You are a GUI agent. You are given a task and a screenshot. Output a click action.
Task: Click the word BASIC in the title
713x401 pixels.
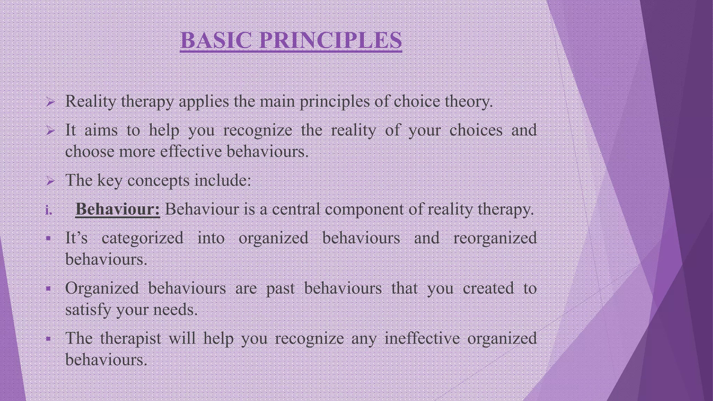(x=216, y=40)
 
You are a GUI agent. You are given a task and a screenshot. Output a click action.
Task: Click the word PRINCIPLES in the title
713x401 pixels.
(x=330, y=40)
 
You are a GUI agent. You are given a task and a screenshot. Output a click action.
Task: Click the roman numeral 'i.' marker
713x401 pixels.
(x=49, y=210)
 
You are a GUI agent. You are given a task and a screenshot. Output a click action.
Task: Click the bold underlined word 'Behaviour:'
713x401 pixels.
(x=118, y=210)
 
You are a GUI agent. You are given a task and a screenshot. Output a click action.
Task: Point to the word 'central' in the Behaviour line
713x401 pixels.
(x=296, y=210)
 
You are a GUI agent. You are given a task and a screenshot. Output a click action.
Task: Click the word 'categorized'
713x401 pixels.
(x=142, y=238)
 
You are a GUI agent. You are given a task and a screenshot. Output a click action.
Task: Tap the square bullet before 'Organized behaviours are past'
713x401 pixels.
(x=48, y=289)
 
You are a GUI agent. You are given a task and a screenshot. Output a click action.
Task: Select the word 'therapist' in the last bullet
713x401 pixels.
(x=131, y=338)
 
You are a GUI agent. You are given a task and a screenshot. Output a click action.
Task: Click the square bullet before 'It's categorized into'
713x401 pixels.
(x=48, y=239)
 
